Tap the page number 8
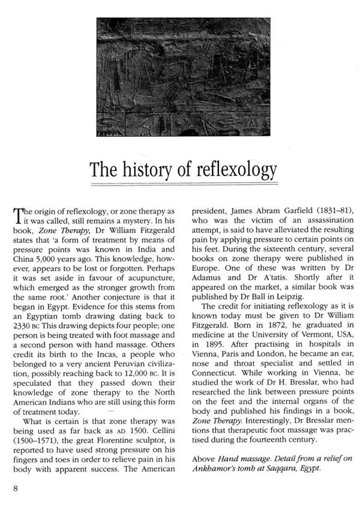point(15,488)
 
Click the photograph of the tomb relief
point(183,77)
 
